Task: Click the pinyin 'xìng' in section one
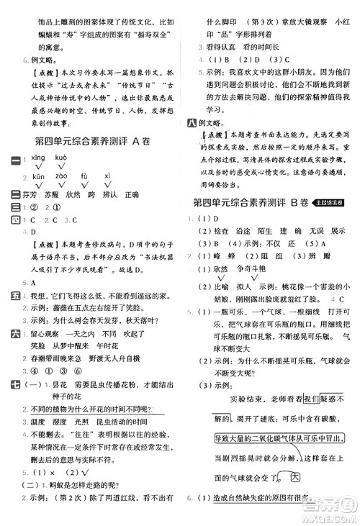point(35,158)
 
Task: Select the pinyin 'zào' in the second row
point(60,175)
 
